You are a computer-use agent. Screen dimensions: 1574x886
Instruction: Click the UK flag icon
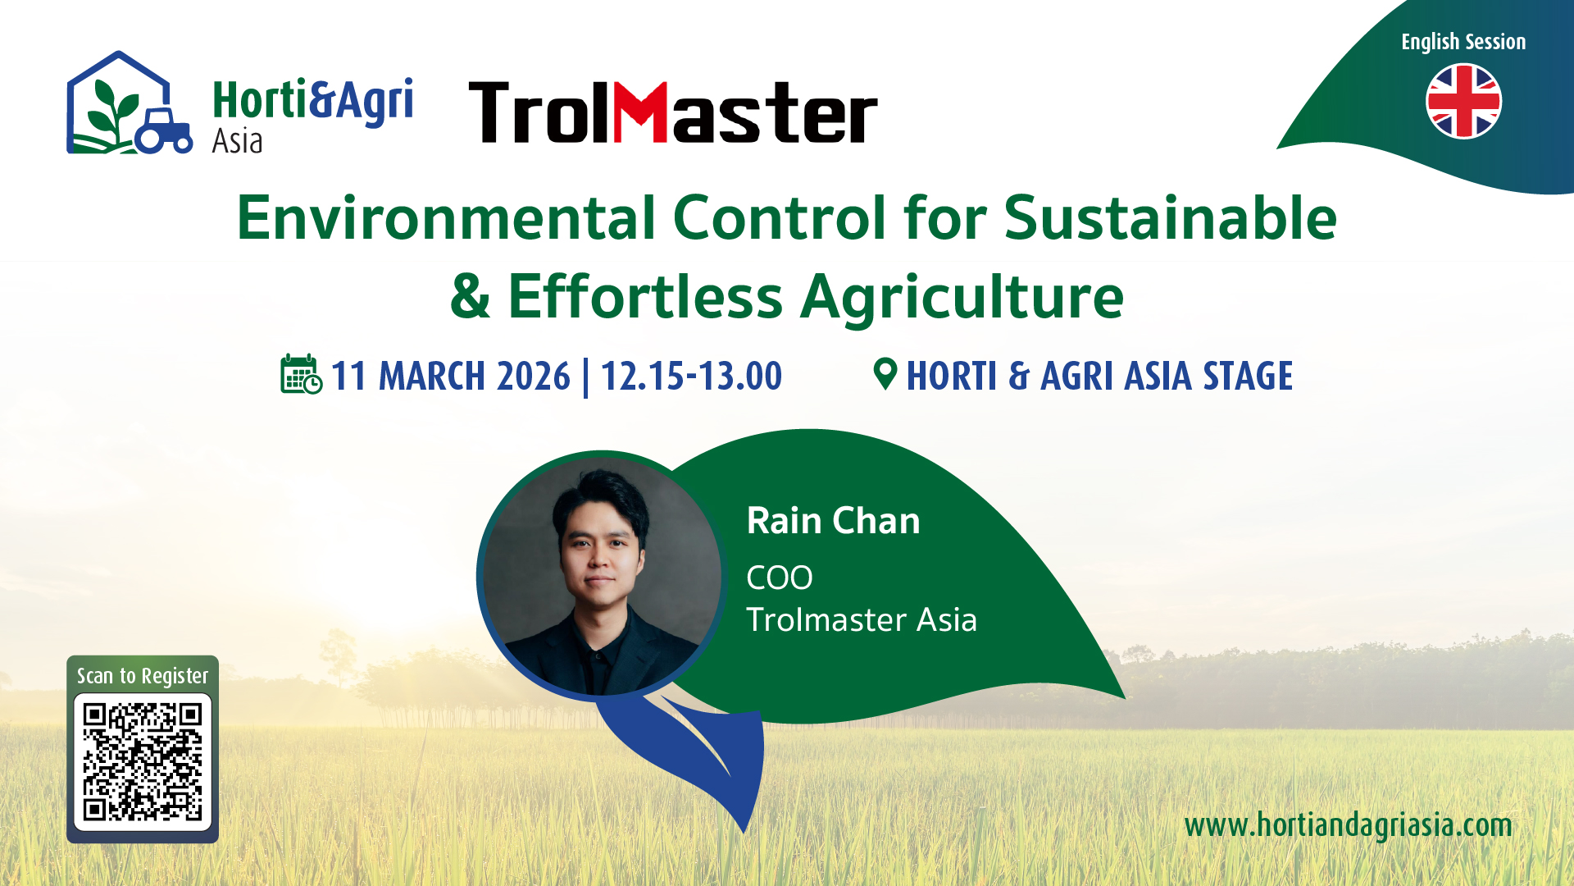pos(1463,102)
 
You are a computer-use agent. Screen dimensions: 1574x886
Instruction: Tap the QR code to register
pos(143,761)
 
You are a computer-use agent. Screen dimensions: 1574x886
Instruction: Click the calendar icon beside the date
pos(301,374)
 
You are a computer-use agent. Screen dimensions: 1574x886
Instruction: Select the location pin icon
pos(885,374)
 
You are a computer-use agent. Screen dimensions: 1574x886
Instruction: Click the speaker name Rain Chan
pos(833,521)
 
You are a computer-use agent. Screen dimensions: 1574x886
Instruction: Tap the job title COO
pos(779,578)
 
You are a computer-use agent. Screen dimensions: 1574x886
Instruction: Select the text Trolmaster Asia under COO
pos(862,620)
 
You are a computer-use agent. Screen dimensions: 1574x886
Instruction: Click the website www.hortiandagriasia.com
pos(1348,825)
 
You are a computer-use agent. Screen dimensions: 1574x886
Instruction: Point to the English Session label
pos(1463,42)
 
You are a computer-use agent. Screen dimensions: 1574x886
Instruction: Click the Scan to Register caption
pos(143,676)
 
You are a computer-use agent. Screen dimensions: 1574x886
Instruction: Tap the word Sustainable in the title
pos(1171,218)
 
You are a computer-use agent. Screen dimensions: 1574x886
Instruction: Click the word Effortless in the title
pos(645,296)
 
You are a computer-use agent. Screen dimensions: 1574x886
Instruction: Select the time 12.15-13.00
pos(691,377)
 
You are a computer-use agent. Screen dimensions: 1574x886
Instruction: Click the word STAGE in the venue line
pos(1247,377)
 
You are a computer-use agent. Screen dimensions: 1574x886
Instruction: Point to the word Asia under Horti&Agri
pos(237,141)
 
